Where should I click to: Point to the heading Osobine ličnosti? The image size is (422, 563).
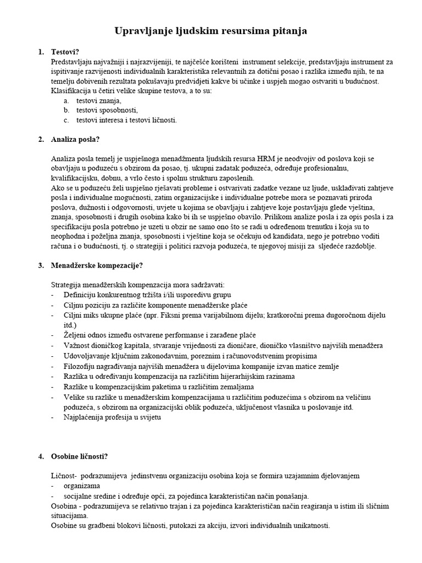pyautogui.click(x=79, y=456)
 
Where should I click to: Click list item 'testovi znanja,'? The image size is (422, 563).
pyautogui.click(x=99, y=101)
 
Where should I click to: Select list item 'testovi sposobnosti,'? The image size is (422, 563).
pyautogui.click(x=107, y=110)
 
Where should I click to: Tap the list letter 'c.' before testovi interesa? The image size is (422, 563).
pyautogui.click(x=66, y=120)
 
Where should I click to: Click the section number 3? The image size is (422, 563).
pyautogui.click(x=41, y=266)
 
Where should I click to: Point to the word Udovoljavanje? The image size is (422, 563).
pyautogui.click(x=90, y=356)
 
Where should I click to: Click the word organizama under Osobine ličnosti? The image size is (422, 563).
pyautogui.click(x=81, y=486)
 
